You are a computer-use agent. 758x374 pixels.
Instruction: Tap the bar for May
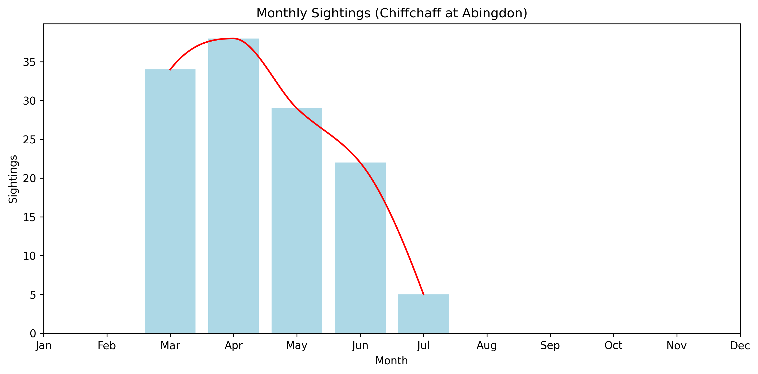(297, 220)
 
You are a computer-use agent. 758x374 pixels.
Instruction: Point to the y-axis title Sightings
(13, 179)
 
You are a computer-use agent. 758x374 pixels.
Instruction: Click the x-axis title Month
(391, 360)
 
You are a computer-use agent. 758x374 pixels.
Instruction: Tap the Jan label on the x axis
(44, 345)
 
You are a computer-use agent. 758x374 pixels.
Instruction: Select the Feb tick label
(107, 345)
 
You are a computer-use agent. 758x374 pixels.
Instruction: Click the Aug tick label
(487, 345)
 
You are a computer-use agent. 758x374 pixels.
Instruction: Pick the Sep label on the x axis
(550, 345)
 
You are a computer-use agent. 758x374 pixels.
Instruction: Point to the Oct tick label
(613, 345)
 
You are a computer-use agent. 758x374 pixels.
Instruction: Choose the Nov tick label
(677, 345)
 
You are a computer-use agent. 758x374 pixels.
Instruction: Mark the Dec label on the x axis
(740, 345)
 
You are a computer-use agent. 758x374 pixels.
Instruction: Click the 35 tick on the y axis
(29, 62)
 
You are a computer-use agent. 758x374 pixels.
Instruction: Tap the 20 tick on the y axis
(29, 178)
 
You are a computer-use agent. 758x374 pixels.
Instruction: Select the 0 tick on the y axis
(33, 333)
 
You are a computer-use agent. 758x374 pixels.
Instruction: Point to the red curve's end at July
(423, 294)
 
